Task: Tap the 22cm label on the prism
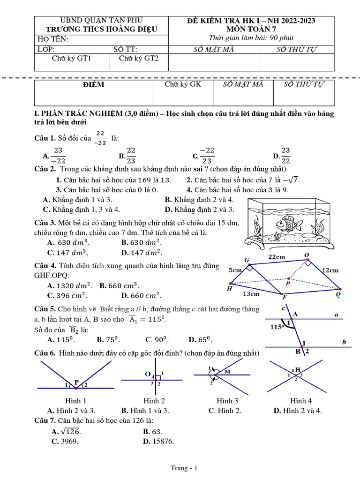277,257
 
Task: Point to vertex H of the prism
230,284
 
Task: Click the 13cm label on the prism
251,294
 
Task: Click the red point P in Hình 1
75,388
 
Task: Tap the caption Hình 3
227,401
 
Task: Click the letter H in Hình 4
298,370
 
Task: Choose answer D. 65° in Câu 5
198,340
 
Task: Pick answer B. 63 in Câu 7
153,431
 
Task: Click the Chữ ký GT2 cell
138,59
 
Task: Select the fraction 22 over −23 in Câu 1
101,138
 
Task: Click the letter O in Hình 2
147,374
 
